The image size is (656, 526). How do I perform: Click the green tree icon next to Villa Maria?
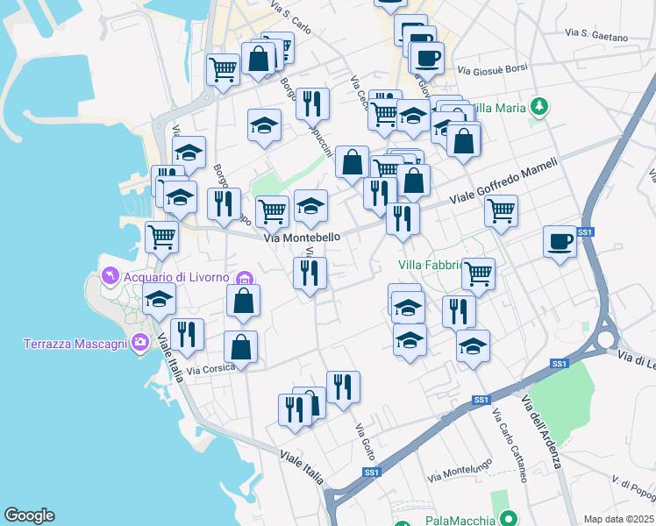[540, 108]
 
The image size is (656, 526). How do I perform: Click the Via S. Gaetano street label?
[597, 35]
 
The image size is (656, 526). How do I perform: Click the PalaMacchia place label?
[455, 520]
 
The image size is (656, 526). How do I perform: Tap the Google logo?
[29, 515]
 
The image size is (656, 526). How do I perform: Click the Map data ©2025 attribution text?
[618, 519]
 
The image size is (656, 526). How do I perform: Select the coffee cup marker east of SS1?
[560, 241]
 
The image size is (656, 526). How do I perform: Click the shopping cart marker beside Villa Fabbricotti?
[479, 274]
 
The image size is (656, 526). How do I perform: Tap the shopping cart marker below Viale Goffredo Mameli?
[501, 210]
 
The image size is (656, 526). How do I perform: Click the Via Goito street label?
[366, 443]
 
